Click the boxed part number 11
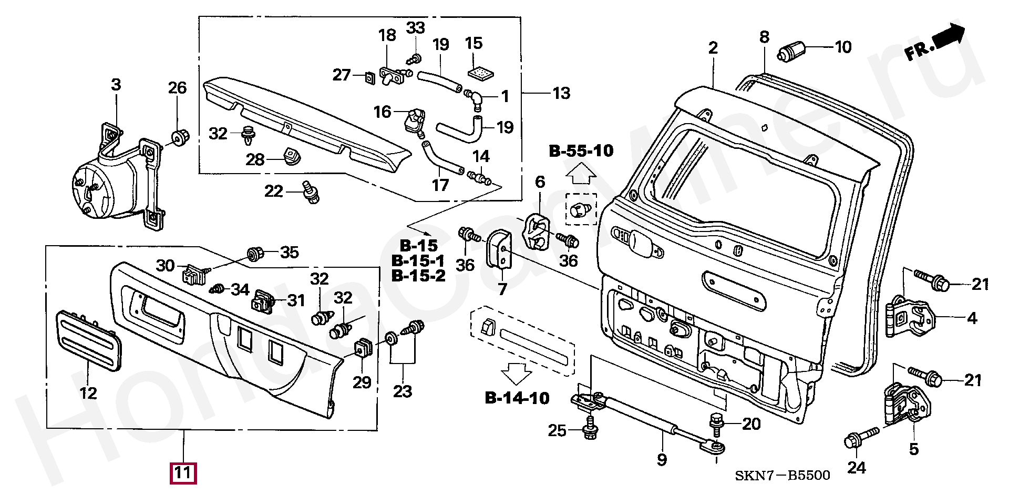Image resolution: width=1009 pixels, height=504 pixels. point(182,472)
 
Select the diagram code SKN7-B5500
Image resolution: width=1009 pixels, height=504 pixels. point(782,476)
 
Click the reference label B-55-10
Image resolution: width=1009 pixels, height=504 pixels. point(581,151)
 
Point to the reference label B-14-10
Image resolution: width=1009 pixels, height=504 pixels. point(517,398)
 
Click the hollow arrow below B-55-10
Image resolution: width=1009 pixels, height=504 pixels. point(581,173)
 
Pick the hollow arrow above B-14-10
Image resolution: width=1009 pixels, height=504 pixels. point(517,373)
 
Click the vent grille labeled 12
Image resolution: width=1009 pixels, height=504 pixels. point(89,340)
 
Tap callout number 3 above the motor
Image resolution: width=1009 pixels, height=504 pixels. point(116,85)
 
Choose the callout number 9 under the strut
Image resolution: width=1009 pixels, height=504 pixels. point(662,460)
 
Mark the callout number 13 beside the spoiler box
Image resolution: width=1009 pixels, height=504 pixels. point(561,94)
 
